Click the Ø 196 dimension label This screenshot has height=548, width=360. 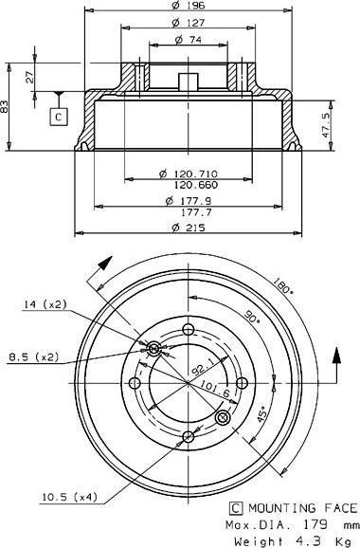coord(189,6)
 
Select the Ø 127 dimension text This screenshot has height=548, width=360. coord(189,23)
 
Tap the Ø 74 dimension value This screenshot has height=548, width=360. coord(189,40)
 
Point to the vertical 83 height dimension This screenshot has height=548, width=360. coord(5,106)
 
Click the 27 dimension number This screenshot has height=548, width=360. coord(30,77)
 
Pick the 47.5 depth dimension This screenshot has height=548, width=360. coord(327,125)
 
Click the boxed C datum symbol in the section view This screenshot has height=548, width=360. coord(59,117)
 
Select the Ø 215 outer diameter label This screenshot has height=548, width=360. coord(189,228)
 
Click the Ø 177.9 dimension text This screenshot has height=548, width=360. coord(189,201)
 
